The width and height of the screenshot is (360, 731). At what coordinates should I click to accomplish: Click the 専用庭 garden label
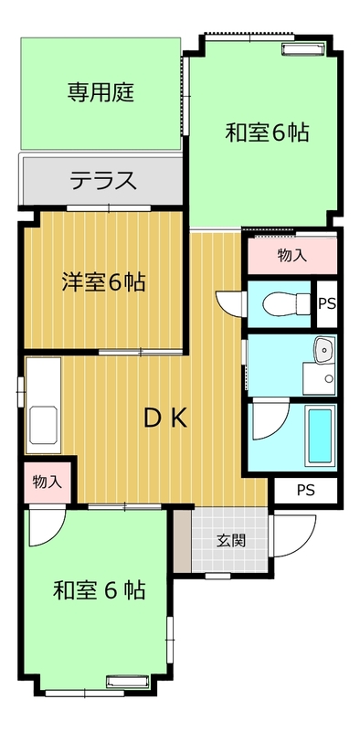click(x=101, y=92)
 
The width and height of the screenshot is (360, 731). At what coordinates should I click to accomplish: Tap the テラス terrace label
click(x=103, y=180)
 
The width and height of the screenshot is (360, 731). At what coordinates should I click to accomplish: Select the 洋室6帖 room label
click(x=103, y=282)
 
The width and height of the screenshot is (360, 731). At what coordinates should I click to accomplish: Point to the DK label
click(x=165, y=418)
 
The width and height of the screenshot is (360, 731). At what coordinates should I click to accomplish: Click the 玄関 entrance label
click(x=230, y=541)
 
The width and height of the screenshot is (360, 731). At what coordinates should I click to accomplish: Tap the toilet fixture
click(x=286, y=303)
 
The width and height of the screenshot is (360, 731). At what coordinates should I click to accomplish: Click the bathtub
click(x=321, y=435)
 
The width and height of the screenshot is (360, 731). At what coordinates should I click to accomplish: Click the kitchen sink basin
click(x=43, y=425)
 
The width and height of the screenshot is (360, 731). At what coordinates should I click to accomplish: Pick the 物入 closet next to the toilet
click(x=291, y=256)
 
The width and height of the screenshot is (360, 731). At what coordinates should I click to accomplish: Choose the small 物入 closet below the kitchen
click(x=48, y=482)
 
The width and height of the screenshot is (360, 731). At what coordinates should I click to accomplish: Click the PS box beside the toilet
click(x=327, y=303)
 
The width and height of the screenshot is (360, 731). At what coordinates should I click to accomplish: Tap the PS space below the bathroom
click(x=305, y=490)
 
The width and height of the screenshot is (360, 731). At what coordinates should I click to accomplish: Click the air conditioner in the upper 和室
click(x=303, y=48)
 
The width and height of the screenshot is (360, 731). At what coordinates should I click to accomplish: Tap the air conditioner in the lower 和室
click(x=127, y=682)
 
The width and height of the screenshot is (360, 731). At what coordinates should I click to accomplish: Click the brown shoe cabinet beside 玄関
click(x=183, y=541)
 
